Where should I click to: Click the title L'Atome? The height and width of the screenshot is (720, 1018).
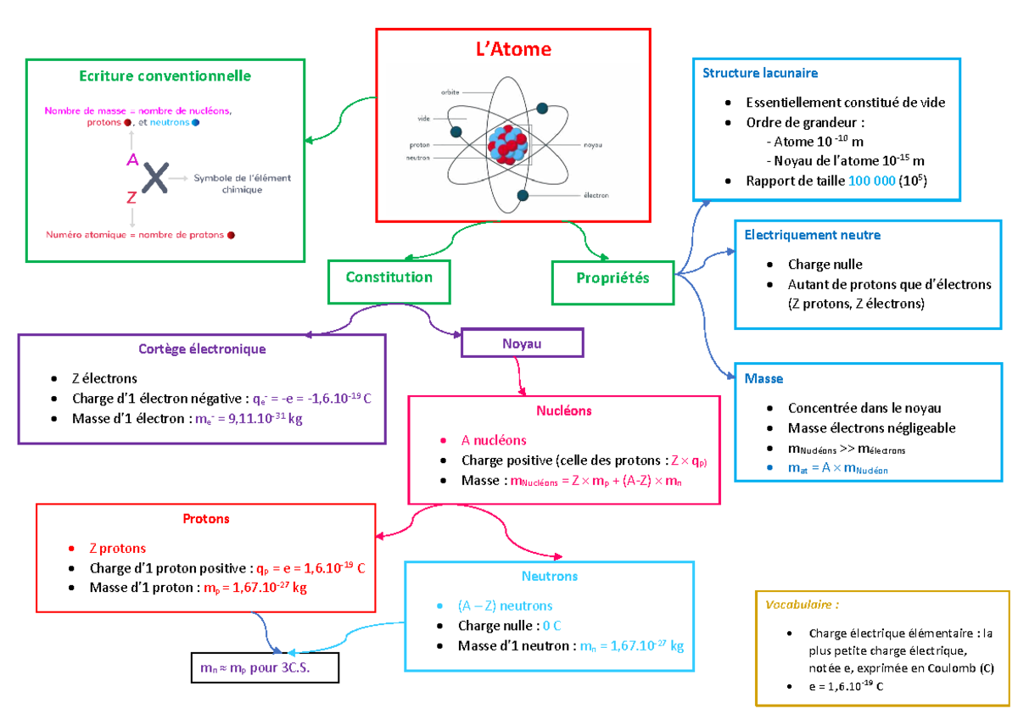click(512, 49)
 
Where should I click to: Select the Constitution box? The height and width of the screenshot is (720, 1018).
click(389, 277)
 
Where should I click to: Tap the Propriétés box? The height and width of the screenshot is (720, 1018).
click(612, 278)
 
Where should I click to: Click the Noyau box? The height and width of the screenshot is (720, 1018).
click(522, 343)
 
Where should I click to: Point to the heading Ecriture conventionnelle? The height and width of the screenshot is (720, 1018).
click(165, 75)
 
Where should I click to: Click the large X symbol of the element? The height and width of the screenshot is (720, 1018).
click(154, 179)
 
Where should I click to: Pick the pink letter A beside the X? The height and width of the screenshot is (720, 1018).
click(131, 159)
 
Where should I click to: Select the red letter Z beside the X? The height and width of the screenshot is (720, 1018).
click(131, 198)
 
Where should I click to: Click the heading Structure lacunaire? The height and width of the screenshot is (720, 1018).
click(759, 73)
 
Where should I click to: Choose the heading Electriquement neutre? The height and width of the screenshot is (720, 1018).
click(812, 235)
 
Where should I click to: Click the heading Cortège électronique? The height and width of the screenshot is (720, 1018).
click(202, 349)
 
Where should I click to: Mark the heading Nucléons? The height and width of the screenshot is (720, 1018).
click(563, 410)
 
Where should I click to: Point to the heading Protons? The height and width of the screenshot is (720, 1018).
click(206, 518)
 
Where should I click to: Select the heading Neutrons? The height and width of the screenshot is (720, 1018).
click(550, 576)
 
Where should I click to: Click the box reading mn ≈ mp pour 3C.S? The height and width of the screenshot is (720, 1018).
click(264, 667)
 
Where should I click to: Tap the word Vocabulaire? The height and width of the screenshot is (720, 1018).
click(801, 606)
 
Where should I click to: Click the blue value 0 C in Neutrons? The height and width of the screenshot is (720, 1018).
click(551, 626)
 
